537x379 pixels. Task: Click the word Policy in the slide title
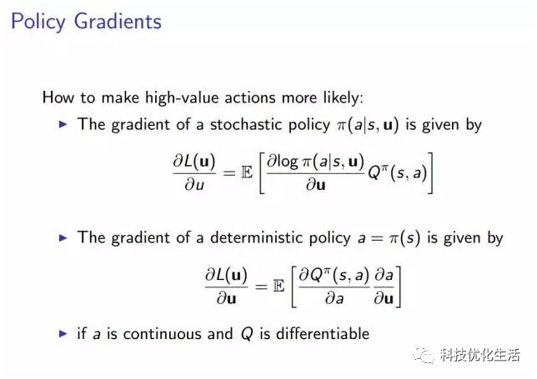click(x=38, y=22)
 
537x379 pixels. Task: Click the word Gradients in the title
click(x=118, y=21)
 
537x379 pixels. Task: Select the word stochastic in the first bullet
click(x=247, y=124)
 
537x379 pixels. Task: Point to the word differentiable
click(x=323, y=333)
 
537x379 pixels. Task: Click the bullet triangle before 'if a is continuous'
click(x=63, y=333)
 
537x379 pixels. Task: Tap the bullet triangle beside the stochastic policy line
click(x=63, y=124)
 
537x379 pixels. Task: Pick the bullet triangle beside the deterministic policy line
click(x=63, y=237)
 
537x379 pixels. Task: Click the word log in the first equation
click(x=288, y=162)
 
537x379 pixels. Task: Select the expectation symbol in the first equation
click(x=247, y=172)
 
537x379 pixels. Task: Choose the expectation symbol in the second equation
click(x=279, y=286)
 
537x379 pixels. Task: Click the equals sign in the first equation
click(x=229, y=172)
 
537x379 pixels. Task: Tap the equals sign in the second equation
click(x=261, y=287)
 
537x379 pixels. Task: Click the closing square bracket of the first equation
click(x=430, y=173)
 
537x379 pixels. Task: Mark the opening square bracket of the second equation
click(x=294, y=287)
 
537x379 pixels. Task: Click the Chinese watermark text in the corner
click(x=480, y=355)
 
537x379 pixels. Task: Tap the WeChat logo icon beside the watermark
click(x=424, y=356)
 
